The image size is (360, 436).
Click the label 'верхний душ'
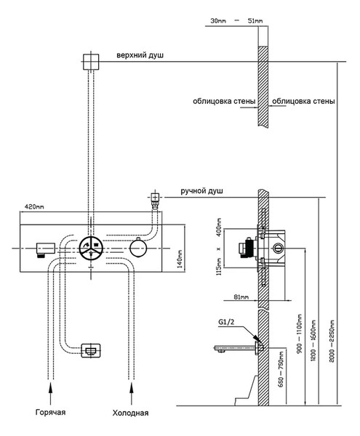[x=140, y=55]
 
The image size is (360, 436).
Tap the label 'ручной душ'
[x=201, y=191]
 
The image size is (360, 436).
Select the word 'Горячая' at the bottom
[x=50, y=412]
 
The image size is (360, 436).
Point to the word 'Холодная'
[x=130, y=413]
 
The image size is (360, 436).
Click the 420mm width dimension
[x=34, y=207]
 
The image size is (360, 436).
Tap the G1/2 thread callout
[x=226, y=322]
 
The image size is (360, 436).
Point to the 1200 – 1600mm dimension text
[x=313, y=340]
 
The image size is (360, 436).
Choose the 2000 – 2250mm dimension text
[x=332, y=342]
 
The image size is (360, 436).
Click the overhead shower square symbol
[x=91, y=62]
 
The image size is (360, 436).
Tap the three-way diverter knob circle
[x=91, y=249]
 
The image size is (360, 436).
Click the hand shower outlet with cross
[x=155, y=198]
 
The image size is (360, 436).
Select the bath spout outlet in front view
[x=91, y=350]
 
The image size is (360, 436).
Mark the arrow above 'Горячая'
[x=50, y=393]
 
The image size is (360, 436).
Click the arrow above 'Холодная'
[x=132, y=393]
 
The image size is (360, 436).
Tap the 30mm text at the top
[x=218, y=21]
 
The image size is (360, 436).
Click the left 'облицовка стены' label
[x=224, y=101]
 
